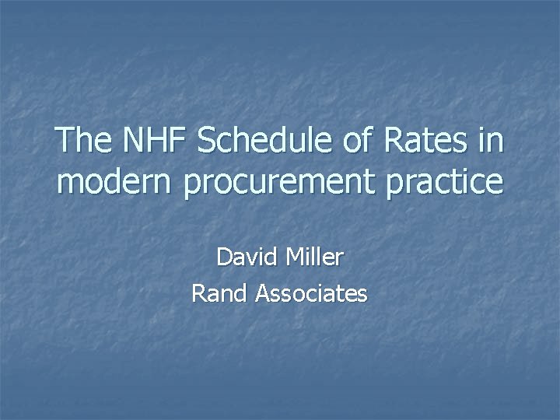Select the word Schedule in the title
tap(267, 142)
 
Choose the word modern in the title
tap(117, 183)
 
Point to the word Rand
tap(219, 293)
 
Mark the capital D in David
tap(223, 257)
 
